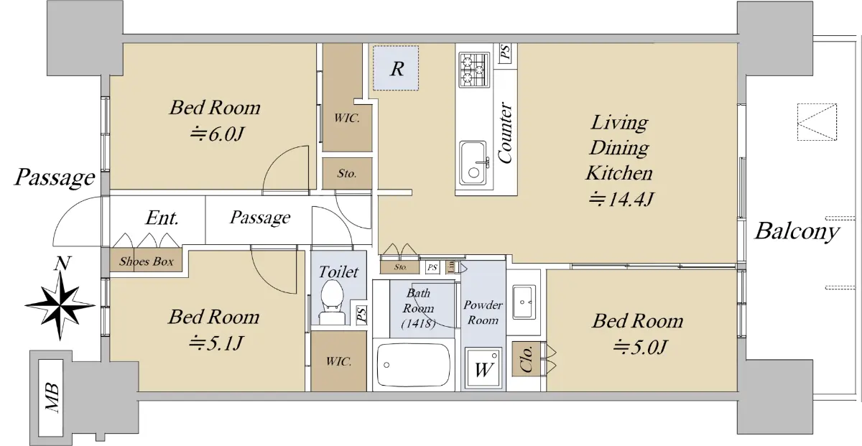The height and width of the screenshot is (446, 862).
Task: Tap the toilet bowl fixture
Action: coord(332,302)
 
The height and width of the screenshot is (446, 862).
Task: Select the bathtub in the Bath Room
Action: coord(413,364)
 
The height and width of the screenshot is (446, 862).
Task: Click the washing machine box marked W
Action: coord(483,368)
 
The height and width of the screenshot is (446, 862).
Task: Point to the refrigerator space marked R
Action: coord(396,68)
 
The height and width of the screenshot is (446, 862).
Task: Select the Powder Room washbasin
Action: coord(524,302)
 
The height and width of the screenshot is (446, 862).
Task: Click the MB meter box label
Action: coord(52,397)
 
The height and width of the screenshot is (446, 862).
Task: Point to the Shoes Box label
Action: coord(147,261)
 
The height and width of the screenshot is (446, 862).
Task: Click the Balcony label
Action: coord(797,232)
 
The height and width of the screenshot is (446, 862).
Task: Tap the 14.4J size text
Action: coord(621,199)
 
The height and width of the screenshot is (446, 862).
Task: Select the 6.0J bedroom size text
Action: coord(217,134)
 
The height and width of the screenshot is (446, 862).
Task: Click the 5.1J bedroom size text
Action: coord(215,343)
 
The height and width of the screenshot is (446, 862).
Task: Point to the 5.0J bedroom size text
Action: coord(639,347)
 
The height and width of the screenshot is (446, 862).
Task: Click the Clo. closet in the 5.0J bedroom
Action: coord(526,358)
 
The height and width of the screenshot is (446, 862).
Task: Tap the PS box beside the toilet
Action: coord(361,314)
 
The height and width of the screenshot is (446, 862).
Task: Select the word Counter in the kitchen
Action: coord(505,133)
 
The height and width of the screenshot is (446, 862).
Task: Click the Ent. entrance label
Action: coord(162,218)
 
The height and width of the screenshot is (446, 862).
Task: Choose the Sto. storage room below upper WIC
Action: coord(347,174)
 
